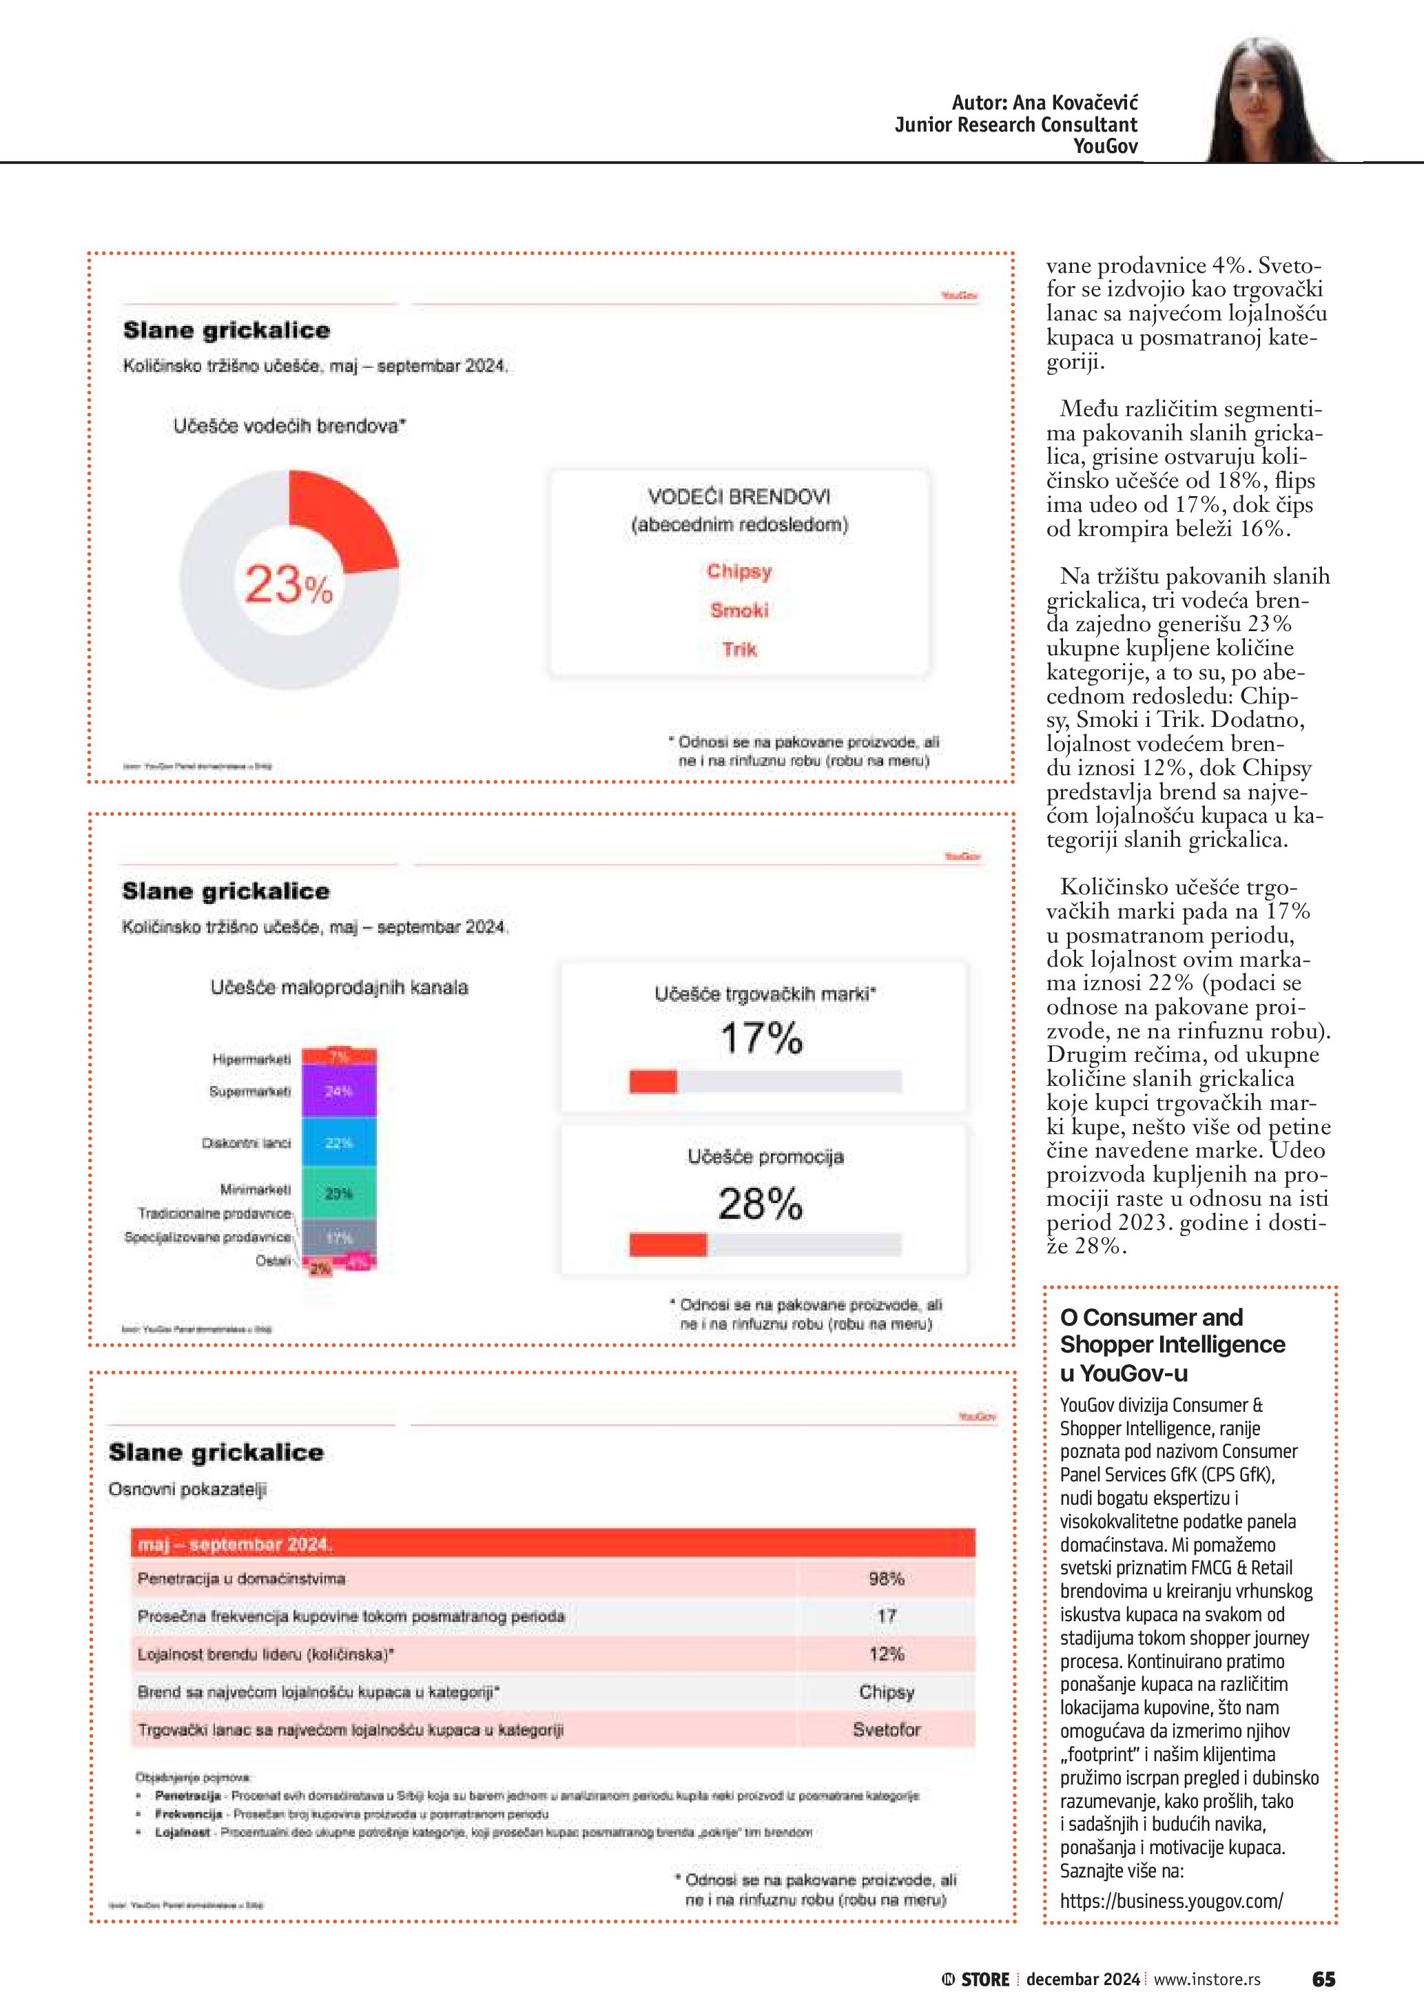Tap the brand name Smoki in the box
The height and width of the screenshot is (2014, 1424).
tap(739, 610)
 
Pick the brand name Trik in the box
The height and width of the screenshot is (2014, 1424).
tap(739, 650)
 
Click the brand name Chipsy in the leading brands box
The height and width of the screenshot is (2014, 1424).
tap(739, 571)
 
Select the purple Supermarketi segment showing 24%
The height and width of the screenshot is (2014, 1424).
tap(338, 1091)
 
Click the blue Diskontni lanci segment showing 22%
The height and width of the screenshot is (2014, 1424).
tap(338, 1143)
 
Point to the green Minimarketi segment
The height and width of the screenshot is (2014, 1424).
tap(338, 1193)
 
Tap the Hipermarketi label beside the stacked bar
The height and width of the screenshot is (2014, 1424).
tap(251, 1060)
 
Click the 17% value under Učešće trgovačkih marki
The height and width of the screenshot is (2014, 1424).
tap(761, 1038)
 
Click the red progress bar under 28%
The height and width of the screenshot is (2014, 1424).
tap(668, 1245)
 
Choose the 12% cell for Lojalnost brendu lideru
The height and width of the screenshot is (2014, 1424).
tap(886, 1654)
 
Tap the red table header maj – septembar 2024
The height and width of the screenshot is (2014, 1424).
tap(553, 1544)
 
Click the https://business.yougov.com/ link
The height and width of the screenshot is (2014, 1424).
tap(1170, 1901)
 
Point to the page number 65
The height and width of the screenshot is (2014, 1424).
tap(1323, 1979)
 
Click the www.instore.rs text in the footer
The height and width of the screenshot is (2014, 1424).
tap(1206, 1980)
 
